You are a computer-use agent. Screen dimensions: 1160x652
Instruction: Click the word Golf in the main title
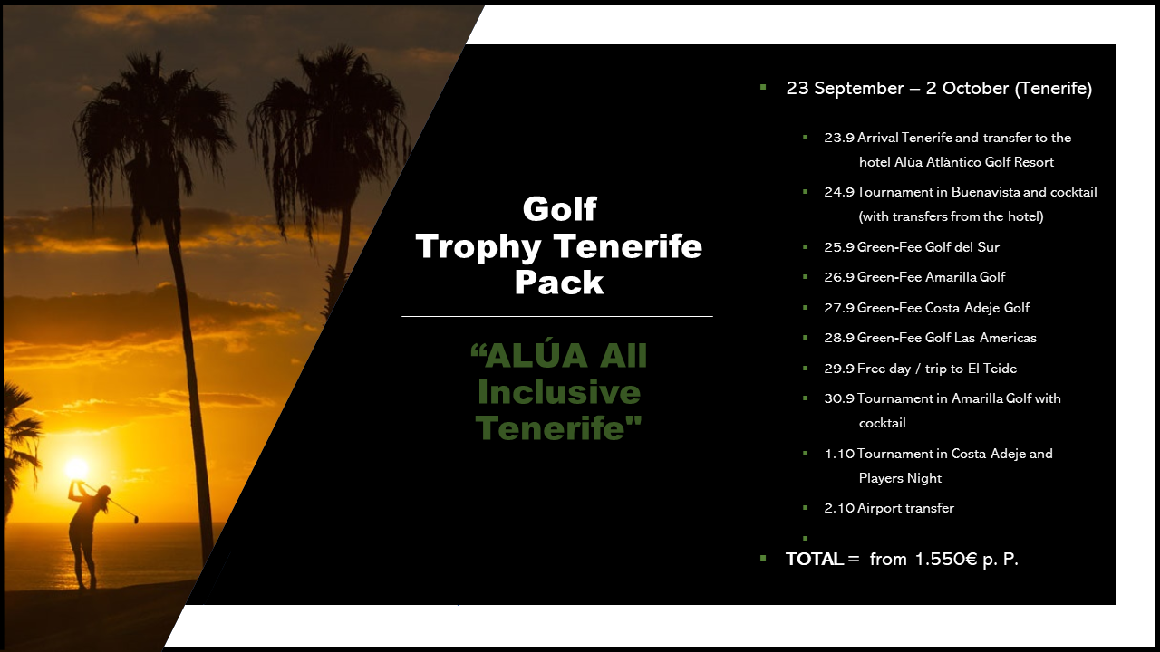[559, 210]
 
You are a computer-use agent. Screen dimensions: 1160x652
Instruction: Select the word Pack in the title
[559, 283]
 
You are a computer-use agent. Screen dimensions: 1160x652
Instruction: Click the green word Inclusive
[559, 392]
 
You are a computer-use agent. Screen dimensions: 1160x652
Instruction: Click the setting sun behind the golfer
[77, 468]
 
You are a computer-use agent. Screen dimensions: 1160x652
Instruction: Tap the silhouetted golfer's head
[104, 492]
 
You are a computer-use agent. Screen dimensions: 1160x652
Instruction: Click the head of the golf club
[136, 519]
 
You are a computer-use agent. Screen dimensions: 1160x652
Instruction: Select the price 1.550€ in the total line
[946, 560]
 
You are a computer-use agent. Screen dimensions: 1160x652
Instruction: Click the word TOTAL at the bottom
[815, 560]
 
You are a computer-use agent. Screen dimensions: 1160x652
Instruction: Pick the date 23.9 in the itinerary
[839, 138]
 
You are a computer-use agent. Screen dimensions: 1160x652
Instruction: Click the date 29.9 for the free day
[839, 369]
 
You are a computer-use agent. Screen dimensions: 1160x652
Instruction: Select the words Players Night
[900, 478]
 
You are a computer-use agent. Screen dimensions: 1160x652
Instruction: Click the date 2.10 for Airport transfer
[839, 508]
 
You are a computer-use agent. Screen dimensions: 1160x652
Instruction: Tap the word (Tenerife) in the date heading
[1053, 89]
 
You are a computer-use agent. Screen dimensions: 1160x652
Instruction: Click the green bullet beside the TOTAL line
[763, 558]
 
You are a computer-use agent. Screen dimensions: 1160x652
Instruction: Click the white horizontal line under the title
[557, 316]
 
